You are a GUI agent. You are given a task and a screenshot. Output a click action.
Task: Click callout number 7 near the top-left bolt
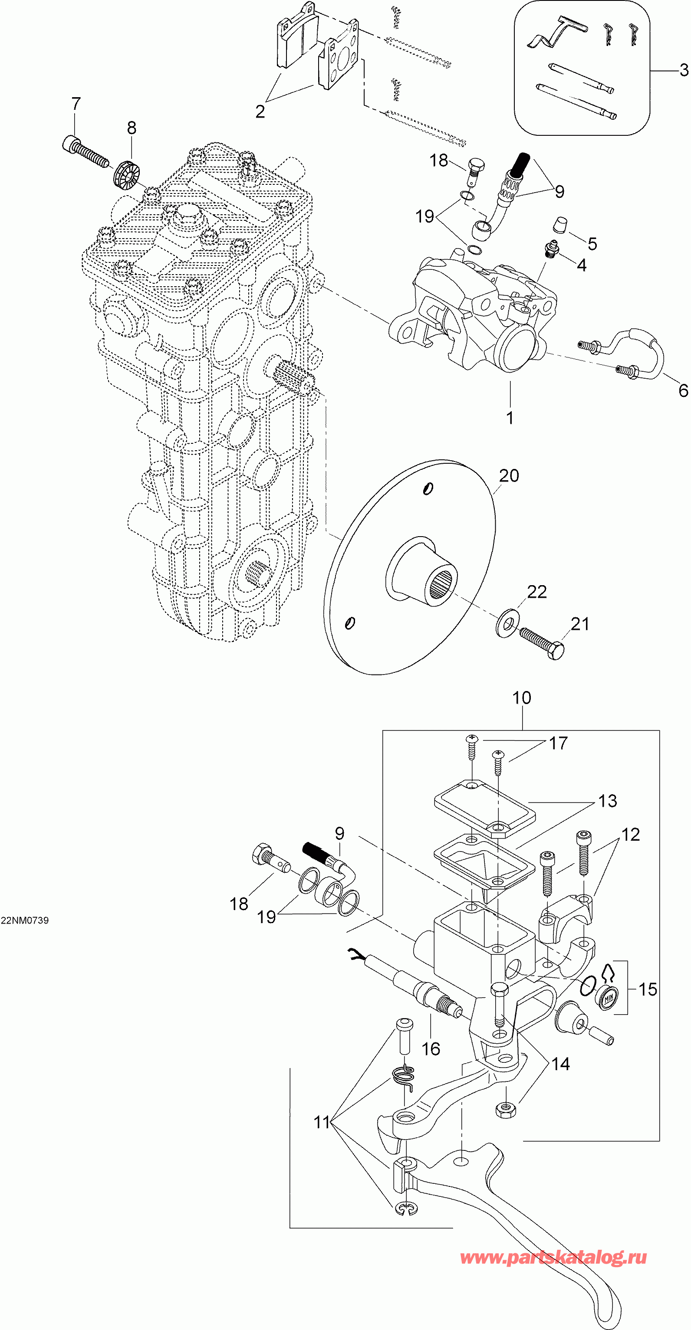pos(76,104)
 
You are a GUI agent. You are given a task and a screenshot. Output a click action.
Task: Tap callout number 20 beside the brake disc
pos(509,475)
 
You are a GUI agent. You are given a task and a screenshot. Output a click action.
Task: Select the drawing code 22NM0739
pos(25,921)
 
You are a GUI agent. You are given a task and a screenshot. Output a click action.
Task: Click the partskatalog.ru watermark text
pos(553,1257)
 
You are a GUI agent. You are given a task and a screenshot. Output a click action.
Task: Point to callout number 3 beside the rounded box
pos(683,70)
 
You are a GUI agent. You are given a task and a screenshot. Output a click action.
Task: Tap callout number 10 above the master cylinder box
pos(522,698)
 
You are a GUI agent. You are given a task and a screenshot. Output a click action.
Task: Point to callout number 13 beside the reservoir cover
pos(607,801)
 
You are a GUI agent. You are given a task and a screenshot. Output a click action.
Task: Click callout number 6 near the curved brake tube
pos(683,390)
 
